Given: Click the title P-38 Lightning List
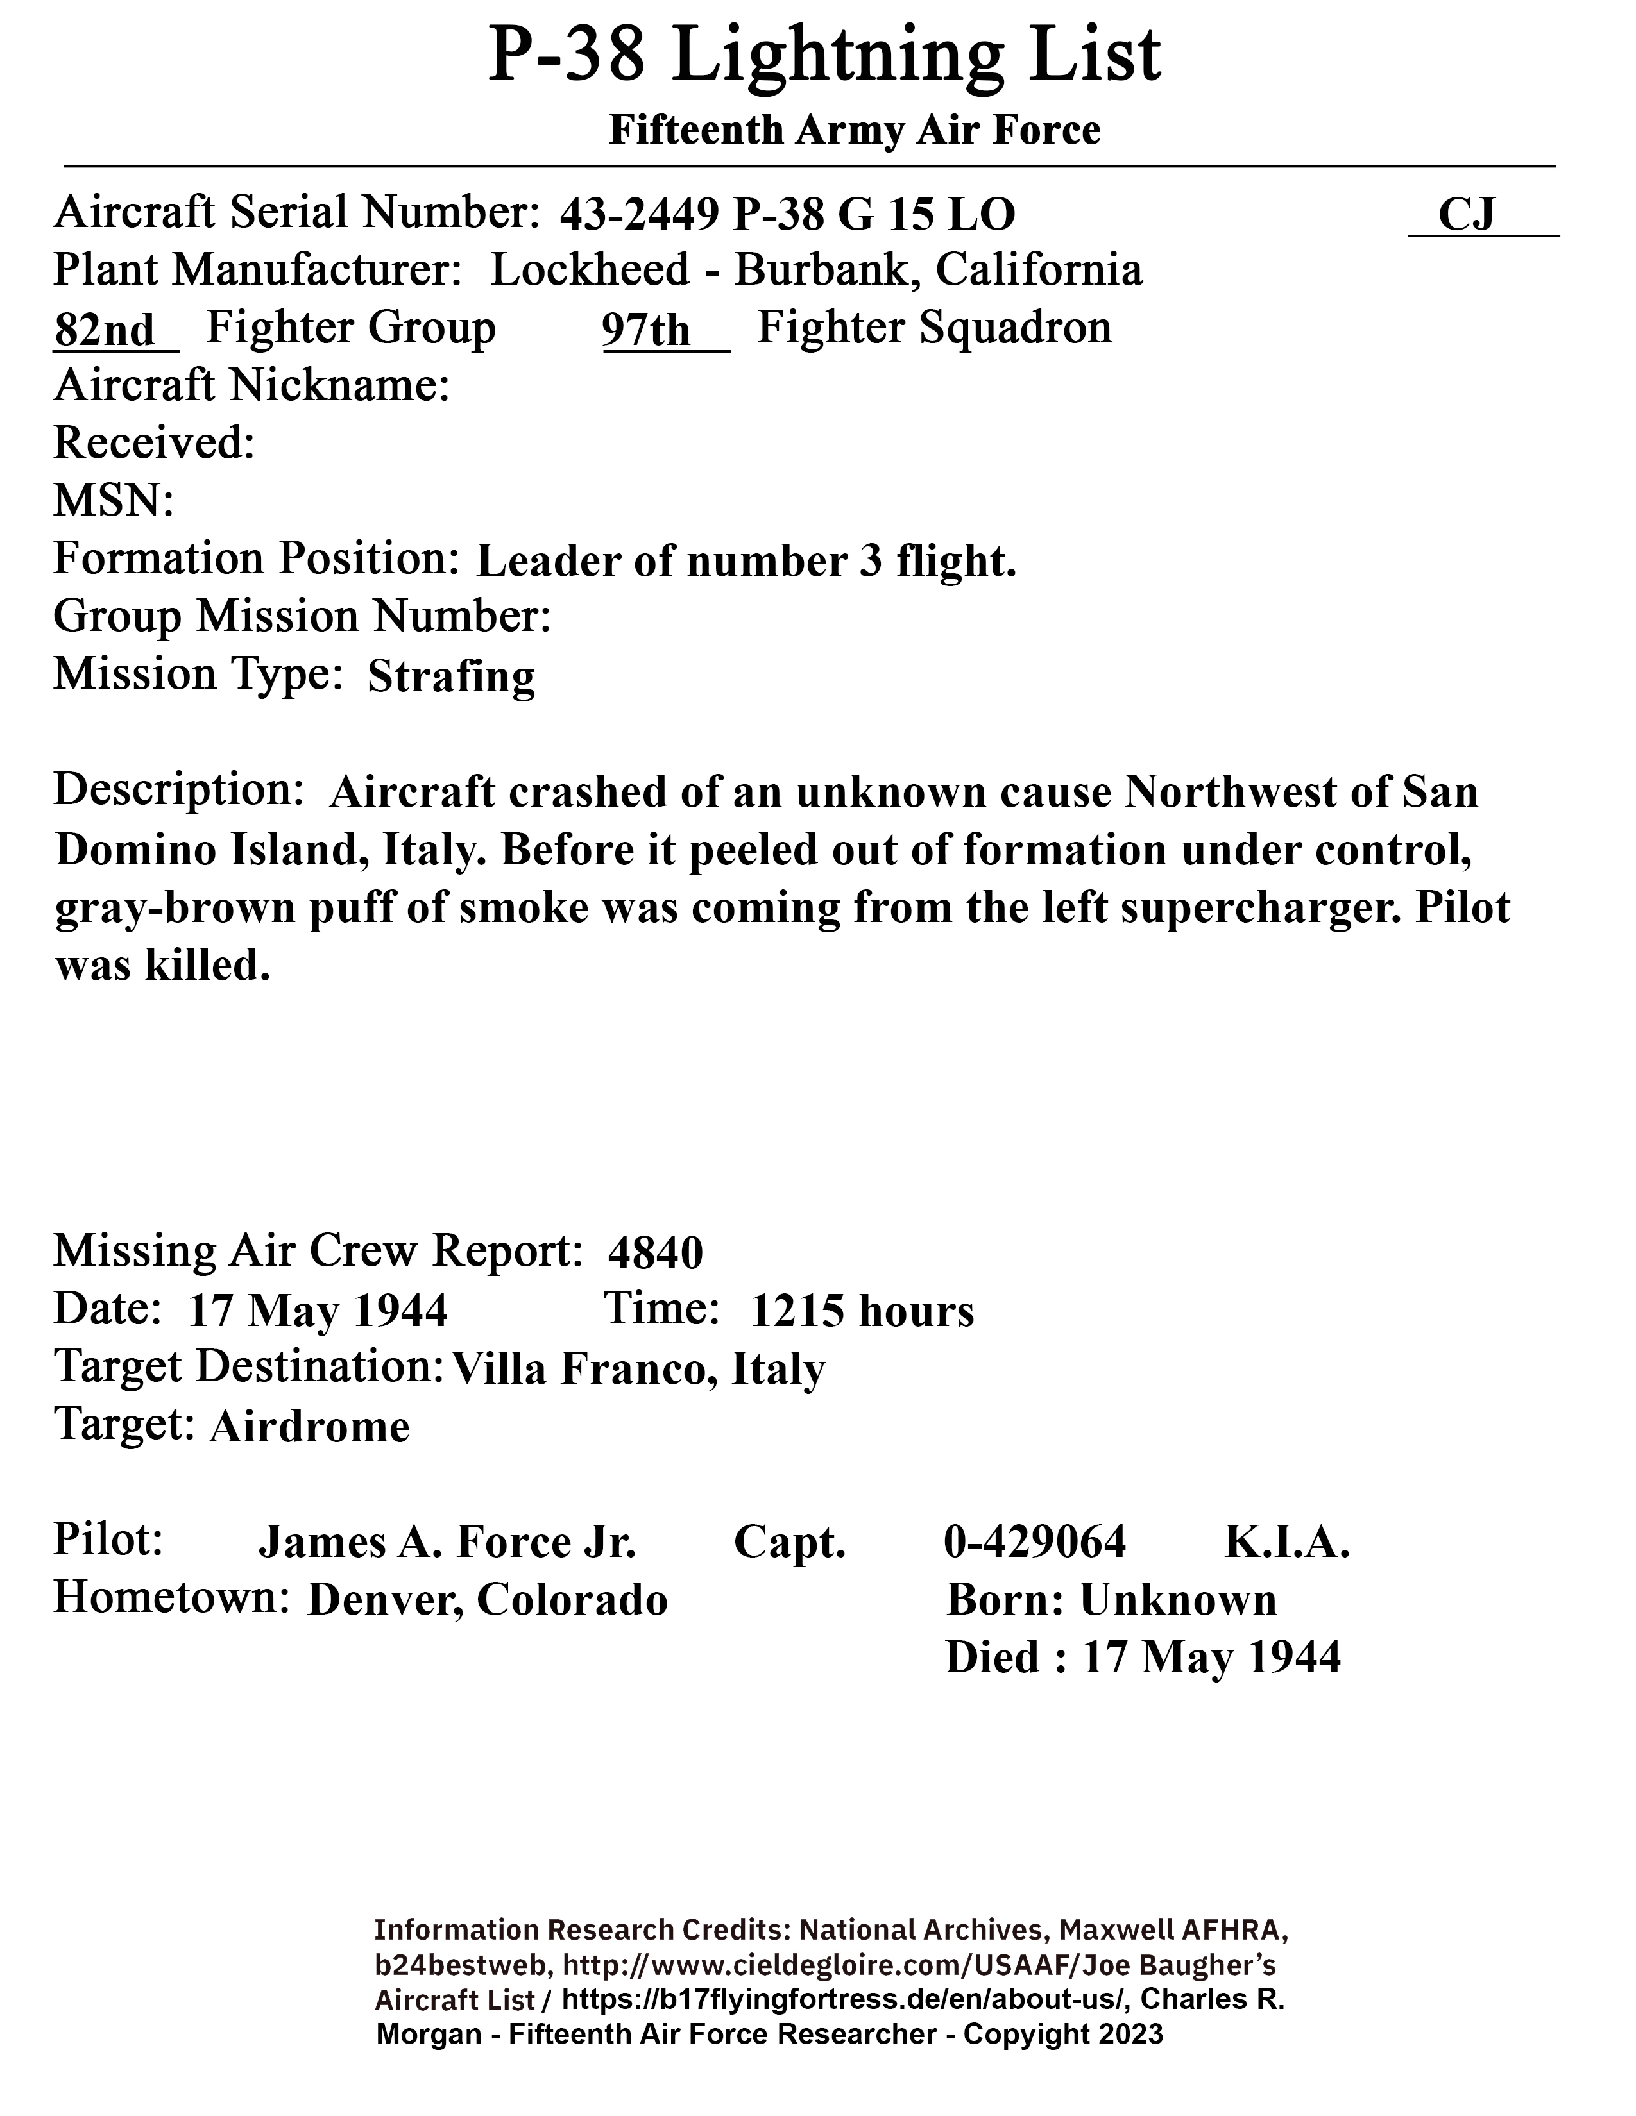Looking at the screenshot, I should click(x=824, y=56).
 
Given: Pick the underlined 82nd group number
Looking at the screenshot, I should click(x=105, y=330).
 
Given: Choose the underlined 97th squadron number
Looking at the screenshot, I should click(x=647, y=330).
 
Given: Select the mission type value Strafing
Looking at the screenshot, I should click(x=450, y=676).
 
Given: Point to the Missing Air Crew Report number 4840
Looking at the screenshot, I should click(x=655, y=1253).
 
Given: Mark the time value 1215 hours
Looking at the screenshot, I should click(x=862, y=1311).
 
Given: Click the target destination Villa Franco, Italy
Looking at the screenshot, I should click(x=638, y=1369).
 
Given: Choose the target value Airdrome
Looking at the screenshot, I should click(x=309, y=1426).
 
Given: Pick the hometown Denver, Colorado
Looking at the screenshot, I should click(x=488, y=1600).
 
